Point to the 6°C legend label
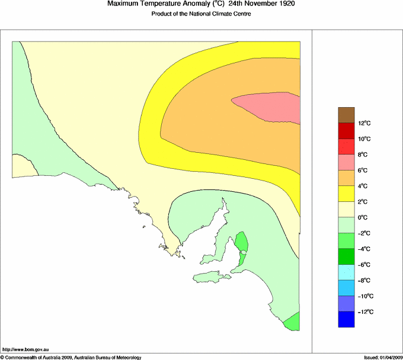(x=363, y=171)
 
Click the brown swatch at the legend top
(x=346, y=115)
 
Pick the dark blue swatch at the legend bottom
(x=346, y=319)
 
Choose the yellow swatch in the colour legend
(x=346, y=194)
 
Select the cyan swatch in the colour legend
(x=346, y=272)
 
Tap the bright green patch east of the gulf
(x=242, y=242)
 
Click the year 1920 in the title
(x=284, y=4)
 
